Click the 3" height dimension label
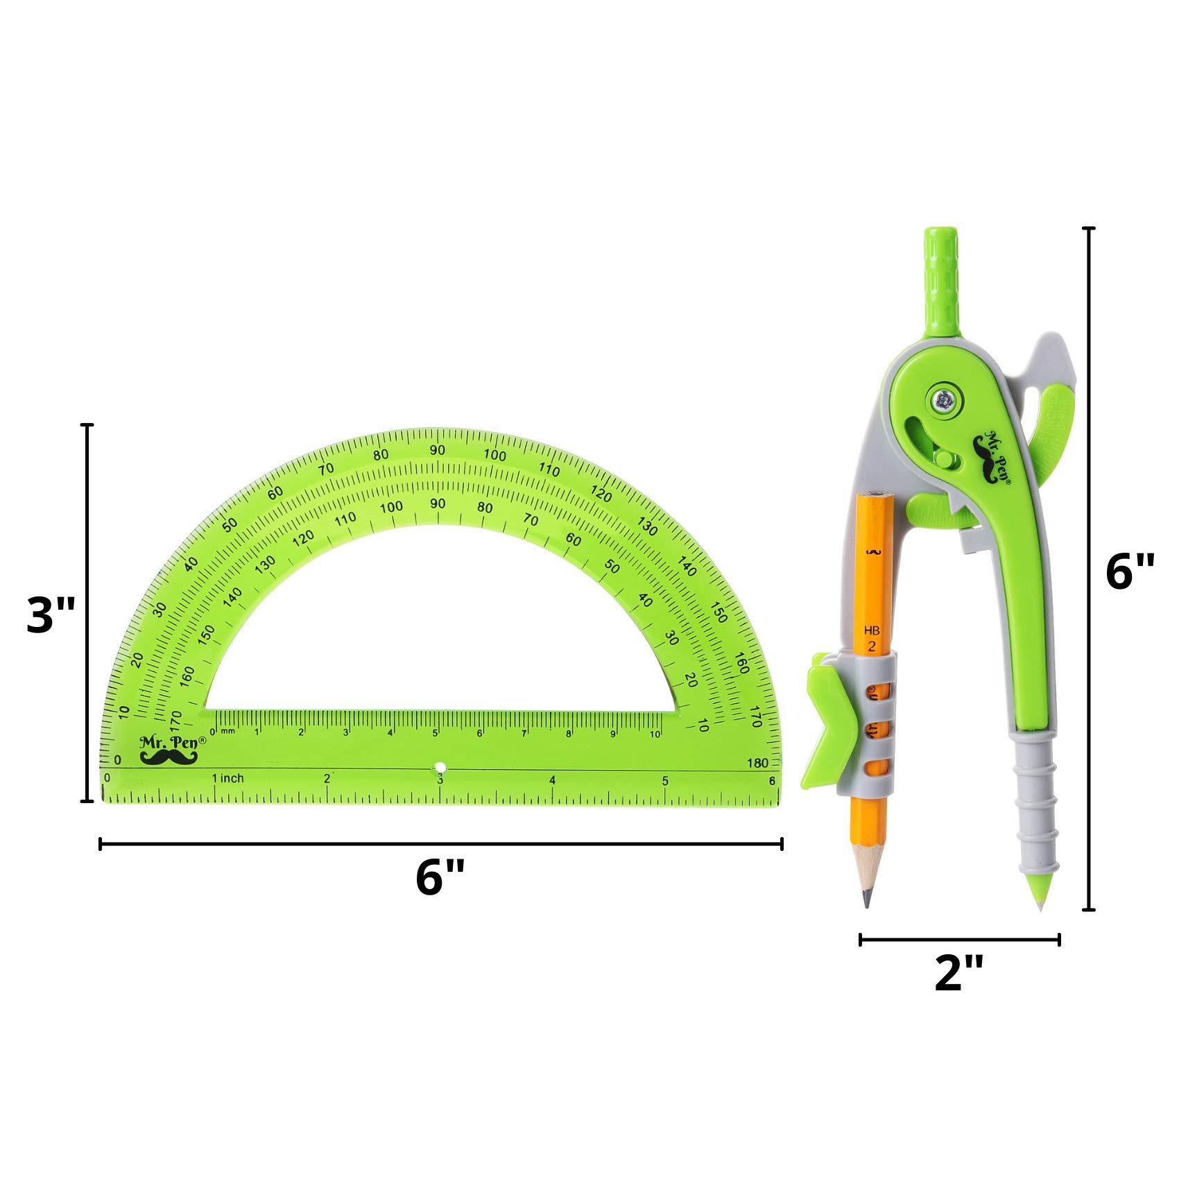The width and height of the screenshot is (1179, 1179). pyautogui.click(x=51, y=614)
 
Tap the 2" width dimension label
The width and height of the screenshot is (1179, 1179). pyautogui.click(x=959, y=972)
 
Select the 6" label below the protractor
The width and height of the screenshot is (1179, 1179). pyautogui.click(x=440, y=877)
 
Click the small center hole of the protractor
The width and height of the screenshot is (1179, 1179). pyautogui.click(x=440, y=768)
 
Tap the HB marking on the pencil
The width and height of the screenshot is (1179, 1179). pyautogui.click(x=872, y=631)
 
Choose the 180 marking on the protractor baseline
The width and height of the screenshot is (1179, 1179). pyautogui.click(x=758, y=763)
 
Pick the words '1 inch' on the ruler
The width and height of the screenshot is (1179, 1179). pyautogui.click(x=228, y=778)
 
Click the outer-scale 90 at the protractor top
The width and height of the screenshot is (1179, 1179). pyautogui.click(x=437, y=450)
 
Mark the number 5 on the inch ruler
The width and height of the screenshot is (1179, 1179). pyautogui.click(x=665, y=781)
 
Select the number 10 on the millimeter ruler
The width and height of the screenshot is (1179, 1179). pyautogui.click(x=655, y=734)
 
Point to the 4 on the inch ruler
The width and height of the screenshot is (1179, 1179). pyautogui.click(x=552, y=780)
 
